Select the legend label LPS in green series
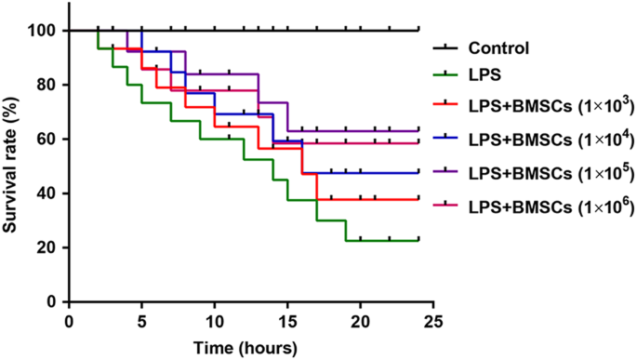[487, 79]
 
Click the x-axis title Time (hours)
[245, 348]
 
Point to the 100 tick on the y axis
[45, 31]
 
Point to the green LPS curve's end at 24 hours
[418, 240]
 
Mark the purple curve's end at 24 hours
[418, 131]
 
